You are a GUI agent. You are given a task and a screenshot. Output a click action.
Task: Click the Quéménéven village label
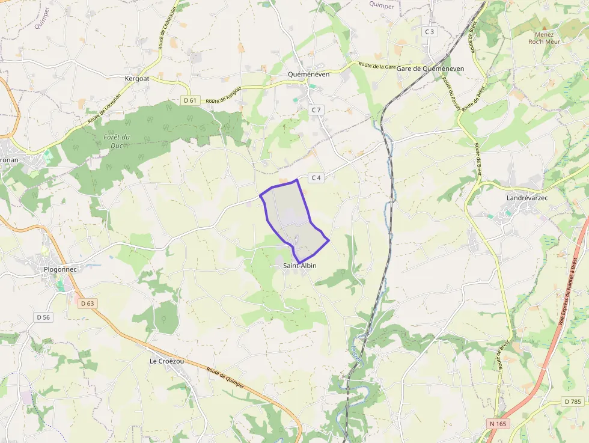[x=309, y=75]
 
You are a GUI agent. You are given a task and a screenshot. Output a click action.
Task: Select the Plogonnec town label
[x=61, y=269]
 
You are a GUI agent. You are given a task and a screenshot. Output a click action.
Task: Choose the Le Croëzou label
[x=167, y=361]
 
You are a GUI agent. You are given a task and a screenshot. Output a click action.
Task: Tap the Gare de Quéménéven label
[x=430, y=69]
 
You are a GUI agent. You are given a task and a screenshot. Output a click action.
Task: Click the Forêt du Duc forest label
[x=117, y=141]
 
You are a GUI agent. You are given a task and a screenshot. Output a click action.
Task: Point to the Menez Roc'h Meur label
[x=544, y=38]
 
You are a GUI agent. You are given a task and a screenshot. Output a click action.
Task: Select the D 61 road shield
[x=191, y=100]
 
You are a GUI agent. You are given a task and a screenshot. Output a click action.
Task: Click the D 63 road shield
[x=87, y=304]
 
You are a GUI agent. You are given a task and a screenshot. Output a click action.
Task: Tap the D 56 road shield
[x=43, y=317]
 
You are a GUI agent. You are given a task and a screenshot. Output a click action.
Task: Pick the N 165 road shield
[x=498, y=423]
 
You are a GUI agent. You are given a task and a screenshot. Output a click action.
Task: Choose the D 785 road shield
[x=573, y=401]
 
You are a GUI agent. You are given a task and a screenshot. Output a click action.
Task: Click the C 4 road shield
[x=317, y=177]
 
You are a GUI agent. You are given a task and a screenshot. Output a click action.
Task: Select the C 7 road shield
[x=316, y=109]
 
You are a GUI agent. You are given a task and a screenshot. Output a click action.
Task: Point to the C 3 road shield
[x=429, y=31]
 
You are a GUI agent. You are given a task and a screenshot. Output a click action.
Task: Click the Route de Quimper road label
[x=225, y=377]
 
